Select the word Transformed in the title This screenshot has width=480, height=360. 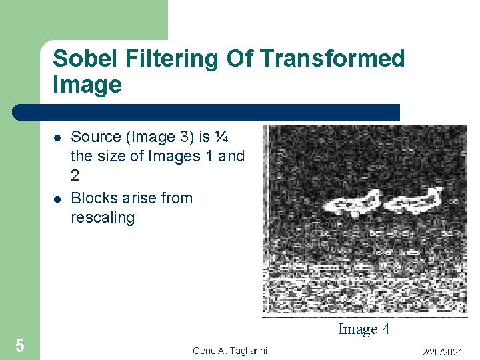tap(333, 59)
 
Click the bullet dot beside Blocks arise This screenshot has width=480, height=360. tap(58, 199)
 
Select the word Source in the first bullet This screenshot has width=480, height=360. tap(96, 137)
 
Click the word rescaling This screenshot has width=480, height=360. tap(103, 217)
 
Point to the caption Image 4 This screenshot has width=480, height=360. tap(363, 329)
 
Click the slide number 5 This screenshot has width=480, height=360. tap(20, 346)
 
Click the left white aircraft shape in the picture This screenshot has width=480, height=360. tap(353, 203)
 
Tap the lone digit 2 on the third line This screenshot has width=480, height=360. tap(75, 176)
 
